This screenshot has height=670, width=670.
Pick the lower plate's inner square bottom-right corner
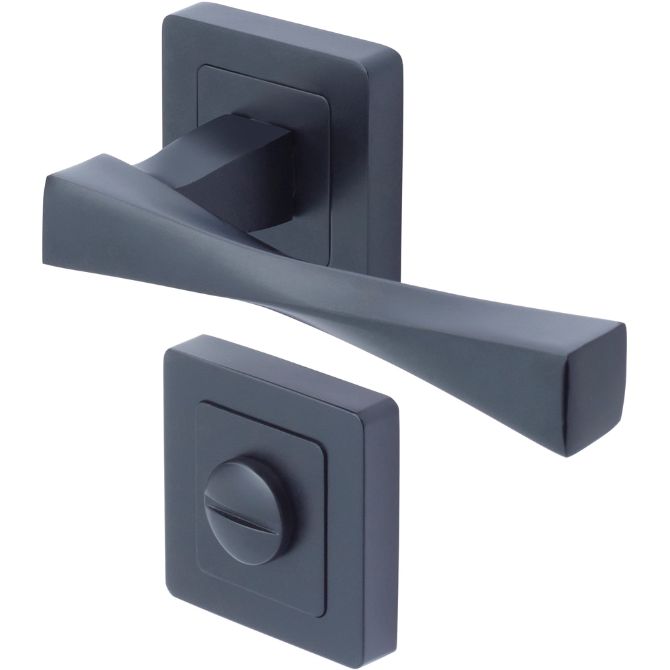coord(324,615)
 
